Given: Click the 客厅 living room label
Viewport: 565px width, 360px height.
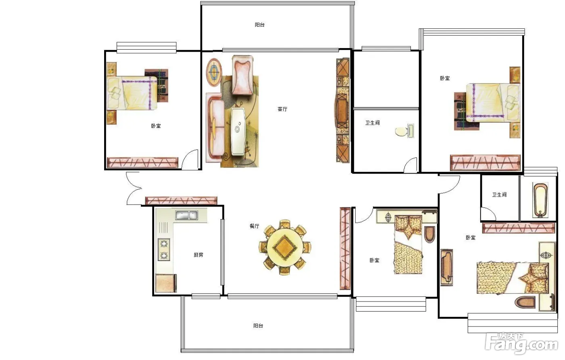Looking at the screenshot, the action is tap(282, 109).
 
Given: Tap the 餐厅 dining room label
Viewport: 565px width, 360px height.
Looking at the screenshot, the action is tap(254, 226).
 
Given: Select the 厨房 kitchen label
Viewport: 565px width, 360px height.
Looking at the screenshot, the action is tap(198, 255).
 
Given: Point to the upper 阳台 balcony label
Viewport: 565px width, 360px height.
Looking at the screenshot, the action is tap(259, 25).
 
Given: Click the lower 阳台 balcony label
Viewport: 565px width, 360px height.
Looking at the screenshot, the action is tap(258, 326).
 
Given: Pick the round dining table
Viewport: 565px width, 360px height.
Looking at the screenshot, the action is tap(285, 247).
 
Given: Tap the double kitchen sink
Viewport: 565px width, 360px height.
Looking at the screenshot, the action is tap(186, 215).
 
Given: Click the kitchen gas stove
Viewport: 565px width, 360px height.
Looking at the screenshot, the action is tap(164, 249).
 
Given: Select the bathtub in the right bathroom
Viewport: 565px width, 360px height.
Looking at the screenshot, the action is tap(540, 200).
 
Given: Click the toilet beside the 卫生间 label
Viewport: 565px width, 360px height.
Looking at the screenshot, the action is tap(404, 131).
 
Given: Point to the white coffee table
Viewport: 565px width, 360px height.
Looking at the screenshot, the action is tap(238, 132).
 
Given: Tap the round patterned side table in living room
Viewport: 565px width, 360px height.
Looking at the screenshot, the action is tap(214, 73).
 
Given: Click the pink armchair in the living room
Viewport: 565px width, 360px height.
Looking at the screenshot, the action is tap(243, 75).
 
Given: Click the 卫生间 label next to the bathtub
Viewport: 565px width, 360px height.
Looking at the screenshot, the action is tap(499, 195).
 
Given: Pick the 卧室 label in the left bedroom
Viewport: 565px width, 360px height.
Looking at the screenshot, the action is tap(156, 126).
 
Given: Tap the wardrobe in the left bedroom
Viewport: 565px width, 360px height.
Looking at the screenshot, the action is tap(142, 163).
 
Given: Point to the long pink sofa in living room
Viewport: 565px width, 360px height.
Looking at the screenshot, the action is tap(214, 128).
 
